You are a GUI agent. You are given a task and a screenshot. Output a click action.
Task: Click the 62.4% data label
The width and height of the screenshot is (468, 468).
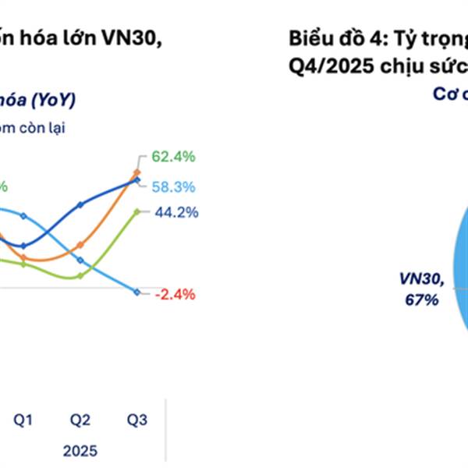pos(173,157)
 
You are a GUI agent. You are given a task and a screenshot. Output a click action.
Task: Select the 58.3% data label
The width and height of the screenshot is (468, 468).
pos(173,187)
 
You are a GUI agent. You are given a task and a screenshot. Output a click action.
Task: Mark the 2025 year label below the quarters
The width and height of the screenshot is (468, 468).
pos(81,451)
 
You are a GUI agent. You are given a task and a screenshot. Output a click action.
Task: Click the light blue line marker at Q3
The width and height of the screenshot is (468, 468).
pos(137,292)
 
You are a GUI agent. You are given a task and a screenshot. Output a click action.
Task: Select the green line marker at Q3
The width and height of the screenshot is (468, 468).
pos(137,211)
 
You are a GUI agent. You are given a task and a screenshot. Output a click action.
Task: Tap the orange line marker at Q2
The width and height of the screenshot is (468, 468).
pos(80,244)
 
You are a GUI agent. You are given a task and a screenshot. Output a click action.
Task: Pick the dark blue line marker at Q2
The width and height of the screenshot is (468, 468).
pos(80,205)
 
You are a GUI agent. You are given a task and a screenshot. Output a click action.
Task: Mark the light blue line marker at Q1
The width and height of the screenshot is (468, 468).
pos(23,215)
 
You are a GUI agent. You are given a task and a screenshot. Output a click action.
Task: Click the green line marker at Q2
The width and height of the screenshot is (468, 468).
pos(80,275)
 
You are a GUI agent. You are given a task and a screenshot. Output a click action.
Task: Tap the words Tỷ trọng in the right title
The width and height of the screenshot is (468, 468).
pos(427,39)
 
